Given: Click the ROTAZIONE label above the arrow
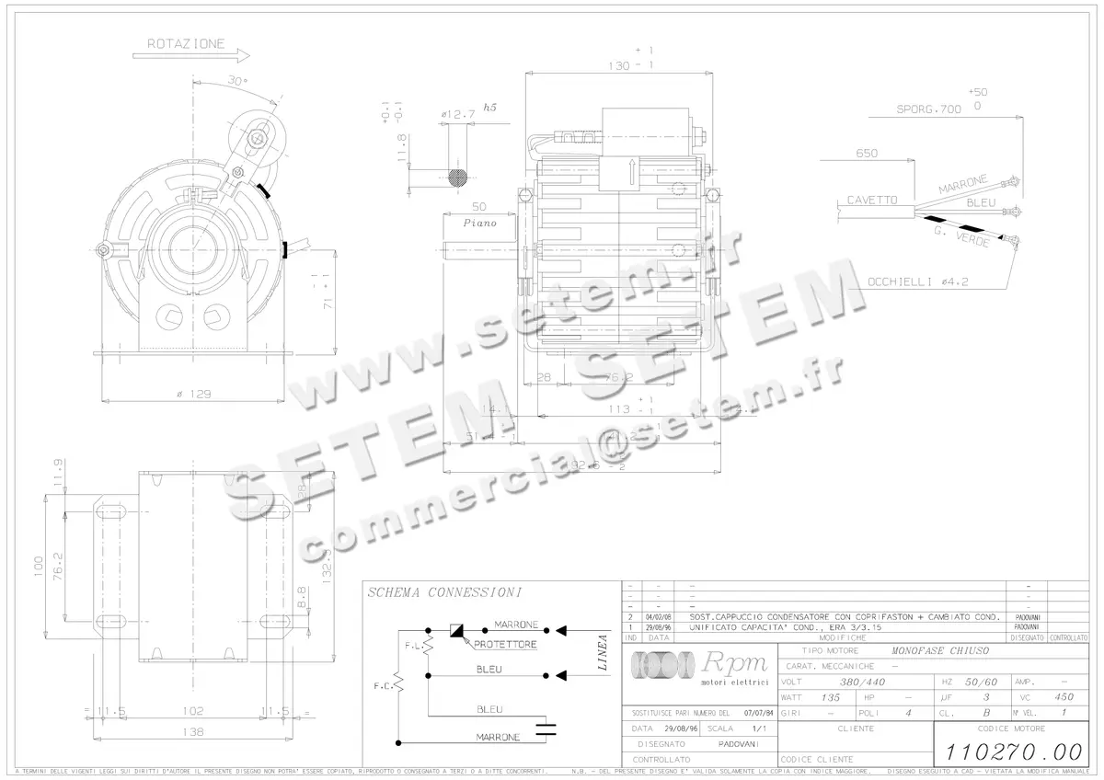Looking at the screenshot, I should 185,43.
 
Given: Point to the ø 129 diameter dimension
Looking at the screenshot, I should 195,394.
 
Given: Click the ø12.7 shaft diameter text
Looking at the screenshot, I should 457,114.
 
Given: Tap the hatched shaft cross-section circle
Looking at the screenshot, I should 457,177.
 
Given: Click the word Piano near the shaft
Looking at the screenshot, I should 479,223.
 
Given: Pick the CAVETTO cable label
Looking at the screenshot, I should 871,200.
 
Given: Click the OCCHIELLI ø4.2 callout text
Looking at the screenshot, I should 917,281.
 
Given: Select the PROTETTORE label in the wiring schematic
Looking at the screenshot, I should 505,645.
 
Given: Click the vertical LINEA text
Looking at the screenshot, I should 604,653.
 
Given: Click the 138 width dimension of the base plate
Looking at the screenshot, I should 191,731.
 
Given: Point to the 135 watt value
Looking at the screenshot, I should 830,697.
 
